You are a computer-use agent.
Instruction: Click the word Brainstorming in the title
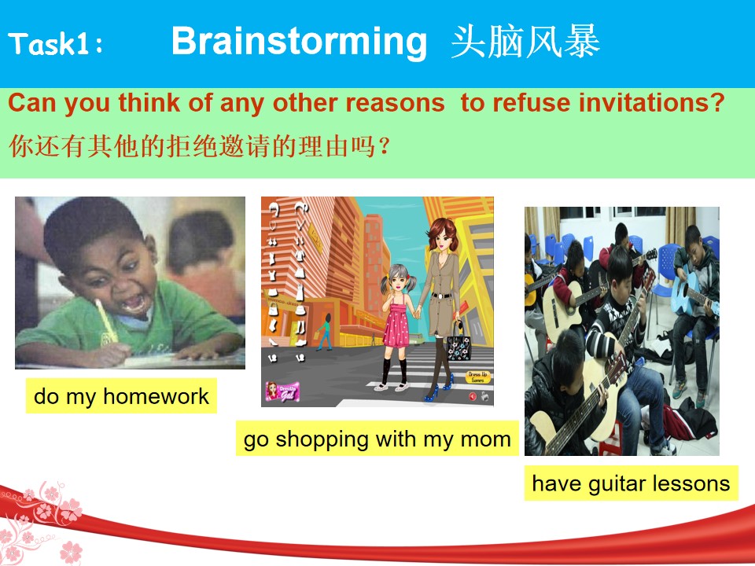coord(299,42)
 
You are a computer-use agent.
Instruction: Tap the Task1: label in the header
coord(56,44)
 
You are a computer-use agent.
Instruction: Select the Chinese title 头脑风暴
coord(525,42)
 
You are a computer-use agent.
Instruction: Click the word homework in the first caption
coord(156,396)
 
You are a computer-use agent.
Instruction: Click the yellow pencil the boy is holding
coord(106,321)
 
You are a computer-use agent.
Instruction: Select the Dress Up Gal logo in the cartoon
coord(282,391)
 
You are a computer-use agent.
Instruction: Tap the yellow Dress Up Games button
coord(478,377)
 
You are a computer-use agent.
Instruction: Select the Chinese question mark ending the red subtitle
coord(385,146)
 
